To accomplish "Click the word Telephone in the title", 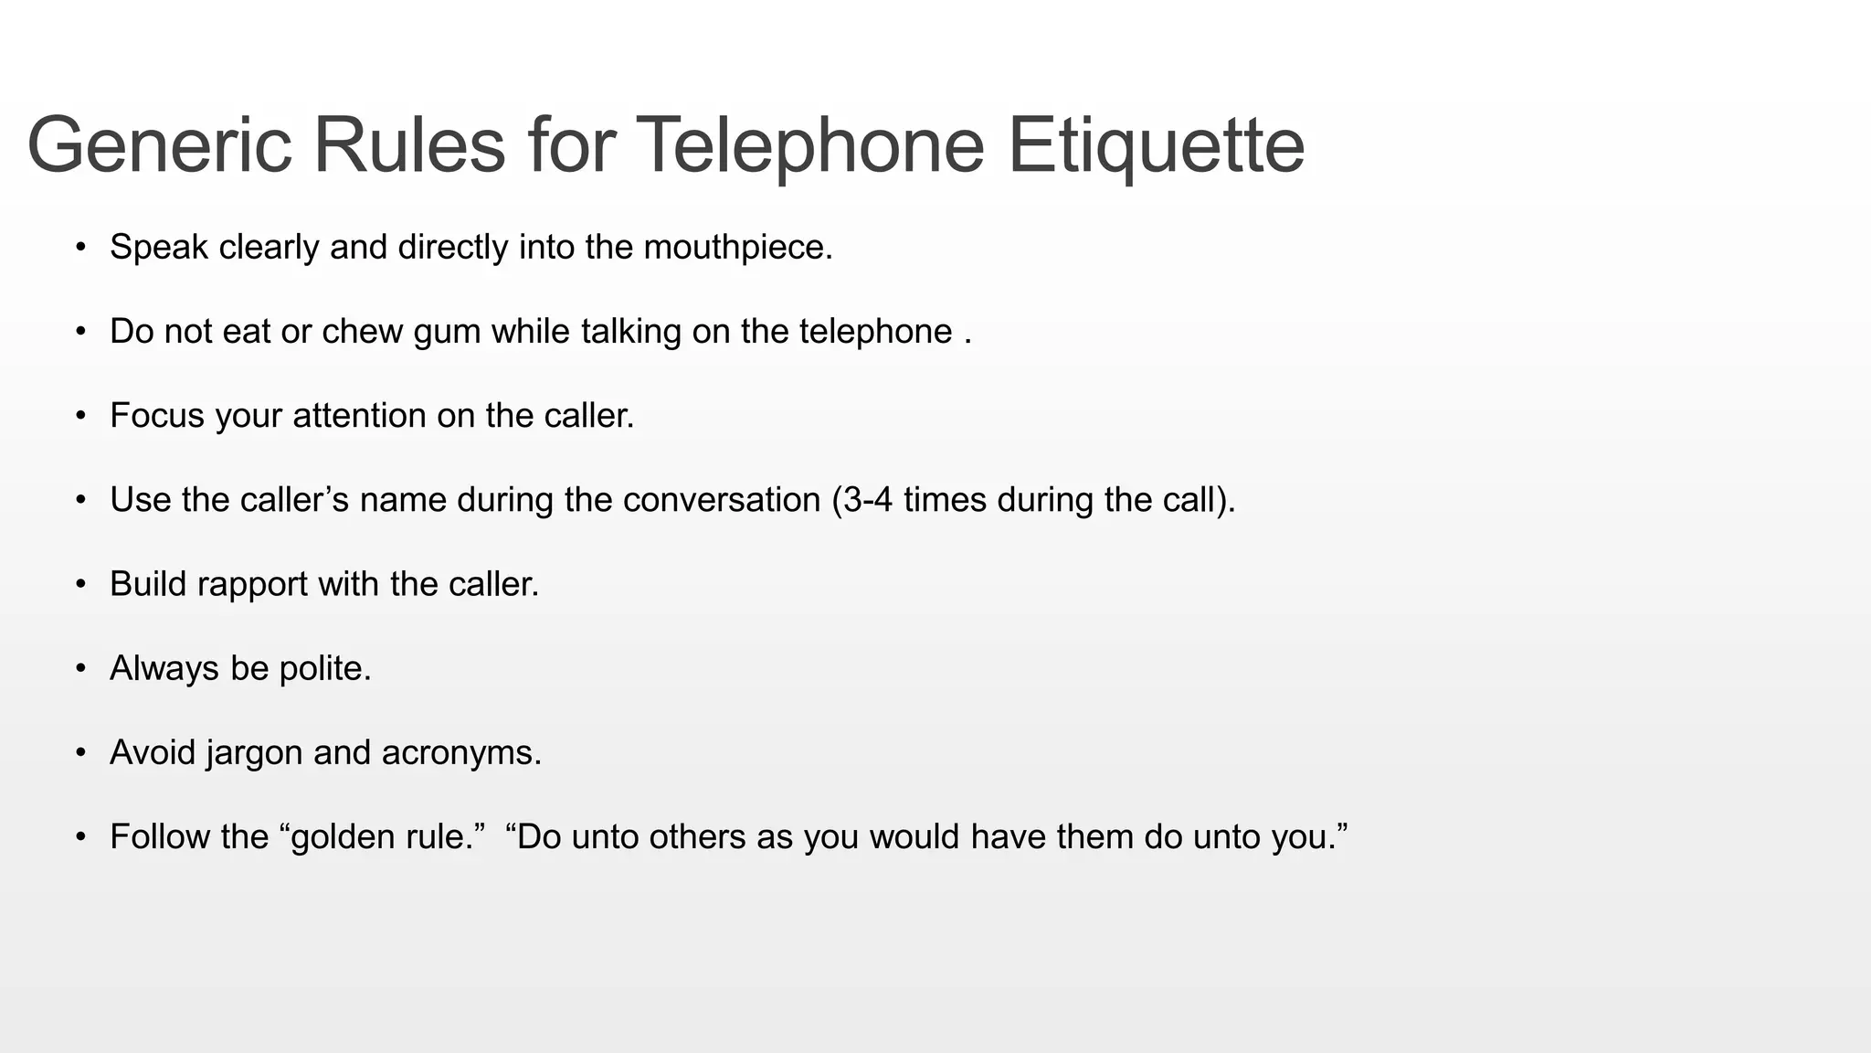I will click(809, 146).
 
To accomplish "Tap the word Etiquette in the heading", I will click(1156, 146).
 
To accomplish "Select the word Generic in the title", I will click(159, 146).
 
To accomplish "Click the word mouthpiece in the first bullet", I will click(737, 248).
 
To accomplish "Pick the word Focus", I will click(156, 416).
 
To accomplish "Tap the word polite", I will click(324, 669).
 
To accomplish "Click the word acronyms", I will click(461, 753).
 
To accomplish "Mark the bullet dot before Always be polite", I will click(81, 669).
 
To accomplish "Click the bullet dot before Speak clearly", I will click(81, 248).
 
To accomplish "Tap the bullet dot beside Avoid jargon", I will click(81, 753).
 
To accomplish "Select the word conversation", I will click(722, 500).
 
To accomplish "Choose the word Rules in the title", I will click(409, 146).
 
